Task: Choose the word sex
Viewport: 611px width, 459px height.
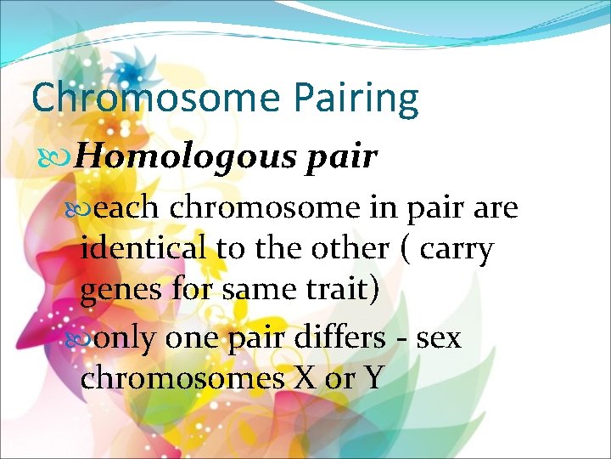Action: click(440, 338)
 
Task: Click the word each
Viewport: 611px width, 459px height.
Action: click(129, 207)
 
